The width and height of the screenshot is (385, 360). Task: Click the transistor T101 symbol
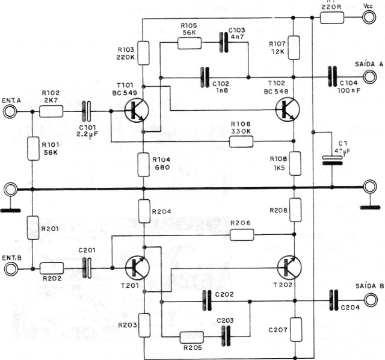(x=137, y=111)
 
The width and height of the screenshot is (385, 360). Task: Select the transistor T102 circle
(x=288, y=111)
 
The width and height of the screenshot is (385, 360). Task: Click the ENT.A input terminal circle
(x=10, y=111)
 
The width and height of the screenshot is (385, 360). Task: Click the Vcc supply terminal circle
(x=368, y=17)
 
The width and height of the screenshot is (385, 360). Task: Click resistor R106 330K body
(x=242, y=142)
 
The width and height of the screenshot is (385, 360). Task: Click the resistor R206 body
(x=242, y=234)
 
